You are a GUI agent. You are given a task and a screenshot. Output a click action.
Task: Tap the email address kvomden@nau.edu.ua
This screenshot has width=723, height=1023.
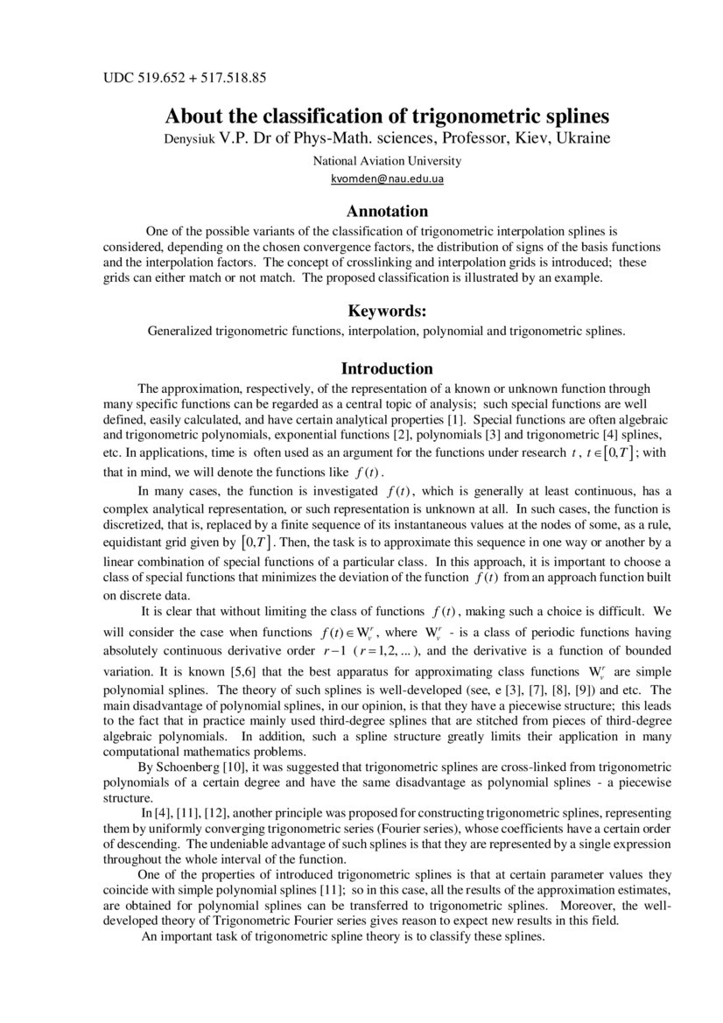pyautogui.click(x=387, y=179)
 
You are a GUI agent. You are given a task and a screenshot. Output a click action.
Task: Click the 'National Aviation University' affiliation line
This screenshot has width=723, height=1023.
pyautogui.click(x=387, y=161)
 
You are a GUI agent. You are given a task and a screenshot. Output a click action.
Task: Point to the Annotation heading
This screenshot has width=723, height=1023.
pyautogui.click(x=387, y=211)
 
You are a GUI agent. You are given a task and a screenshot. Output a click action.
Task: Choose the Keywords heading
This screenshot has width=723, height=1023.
pyautogui.click(x=387, y=311)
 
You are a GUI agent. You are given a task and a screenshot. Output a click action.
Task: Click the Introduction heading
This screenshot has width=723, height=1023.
pyautogui.click(x=387, y=368)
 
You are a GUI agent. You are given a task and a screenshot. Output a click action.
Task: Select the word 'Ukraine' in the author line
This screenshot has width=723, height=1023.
pyautogui.click(x=582, y=138)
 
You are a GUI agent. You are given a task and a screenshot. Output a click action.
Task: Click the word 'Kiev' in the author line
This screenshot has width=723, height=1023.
pyautogui.click(x=529, y=138)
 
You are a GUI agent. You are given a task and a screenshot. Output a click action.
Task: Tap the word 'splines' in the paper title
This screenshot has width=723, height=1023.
pyautogui.click(x=574, y=116)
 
